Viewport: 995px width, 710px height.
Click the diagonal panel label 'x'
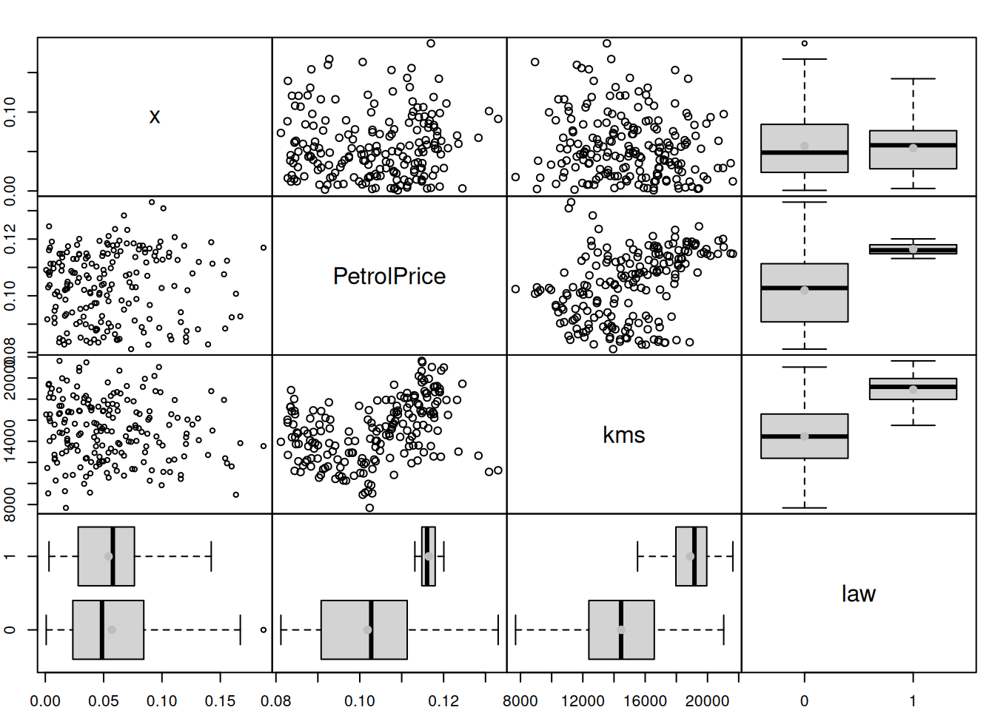(x=154, y=116)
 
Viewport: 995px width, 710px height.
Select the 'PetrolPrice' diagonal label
(x=389, y=276)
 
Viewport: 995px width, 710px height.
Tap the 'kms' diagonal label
(x=623, y=435)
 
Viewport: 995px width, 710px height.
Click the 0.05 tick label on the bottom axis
(x=103, y=700)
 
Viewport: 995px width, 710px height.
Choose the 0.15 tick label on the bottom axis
(x=220, y=700)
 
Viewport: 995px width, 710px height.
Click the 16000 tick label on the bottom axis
(x=645, y=700)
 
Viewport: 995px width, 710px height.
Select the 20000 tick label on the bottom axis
(x=707, y=700)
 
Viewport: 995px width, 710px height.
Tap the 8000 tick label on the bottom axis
(x=520, y=700)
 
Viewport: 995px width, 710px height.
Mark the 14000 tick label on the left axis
(x=10, y=442)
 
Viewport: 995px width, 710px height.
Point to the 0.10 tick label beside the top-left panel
(x=10, y=112)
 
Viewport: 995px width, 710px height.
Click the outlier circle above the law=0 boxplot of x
(x=805, y=44)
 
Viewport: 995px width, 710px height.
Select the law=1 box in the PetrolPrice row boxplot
(x=913, y=249)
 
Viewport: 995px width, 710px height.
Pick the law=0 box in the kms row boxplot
(x=805, y=436)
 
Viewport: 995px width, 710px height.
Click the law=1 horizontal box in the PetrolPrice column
(x=429, y=556)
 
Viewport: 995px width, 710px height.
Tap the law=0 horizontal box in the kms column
(x=621, y=629)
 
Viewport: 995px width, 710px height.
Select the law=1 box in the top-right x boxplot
(x=913, y=149)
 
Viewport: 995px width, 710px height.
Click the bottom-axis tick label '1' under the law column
(x=913, y=700)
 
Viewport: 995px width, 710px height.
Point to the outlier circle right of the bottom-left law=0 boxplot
(x=264, y=629)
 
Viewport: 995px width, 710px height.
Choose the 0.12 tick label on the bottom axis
(x=443, y=700)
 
